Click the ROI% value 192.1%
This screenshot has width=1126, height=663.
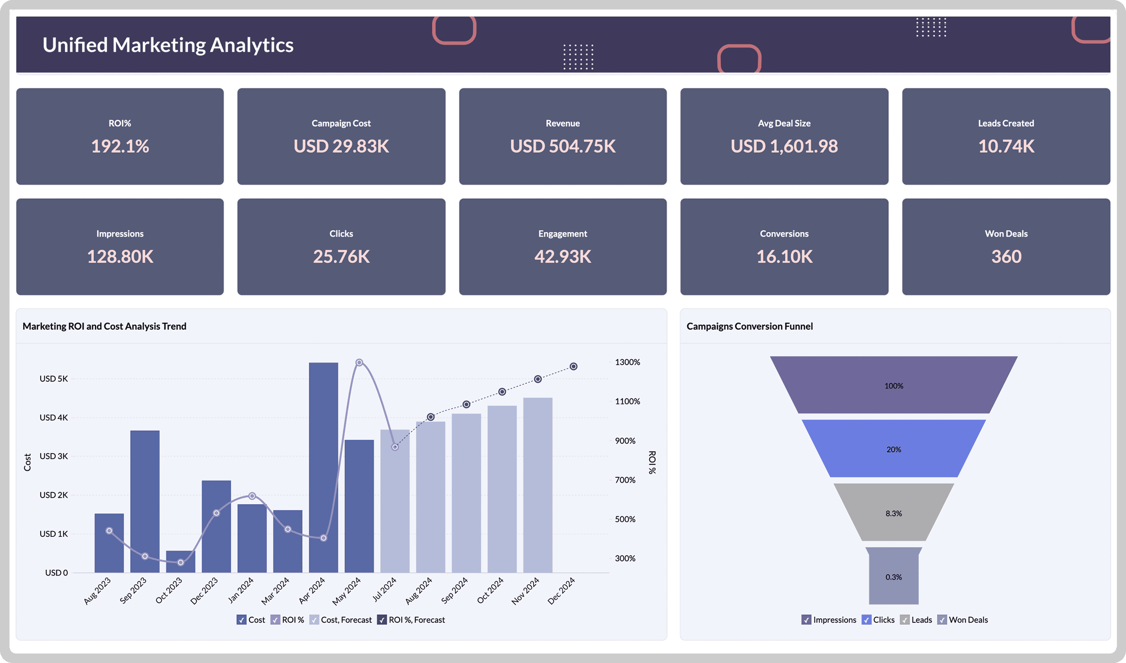tap(120, 146)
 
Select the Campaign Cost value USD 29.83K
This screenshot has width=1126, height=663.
tap(341, 146)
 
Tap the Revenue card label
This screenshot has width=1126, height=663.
tap(563, 123)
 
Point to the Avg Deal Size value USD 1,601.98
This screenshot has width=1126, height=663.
tap(784, 146)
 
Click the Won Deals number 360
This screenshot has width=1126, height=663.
tap(1006, 257)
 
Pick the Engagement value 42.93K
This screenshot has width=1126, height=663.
tap(563, 257)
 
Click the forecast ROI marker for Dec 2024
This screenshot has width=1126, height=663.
tap(573, 367)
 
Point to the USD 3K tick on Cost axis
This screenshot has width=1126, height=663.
tap(54, 456)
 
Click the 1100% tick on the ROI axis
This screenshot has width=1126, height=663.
tap(627, 402)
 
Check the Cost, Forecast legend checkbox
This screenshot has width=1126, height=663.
tap(314, 619)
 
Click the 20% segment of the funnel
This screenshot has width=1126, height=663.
tap(893, 449)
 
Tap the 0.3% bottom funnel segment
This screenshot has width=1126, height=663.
tap(893, 577)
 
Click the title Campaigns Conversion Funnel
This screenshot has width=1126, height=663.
tap(749, 326)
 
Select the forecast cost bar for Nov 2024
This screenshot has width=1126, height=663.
tap(538, 485)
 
